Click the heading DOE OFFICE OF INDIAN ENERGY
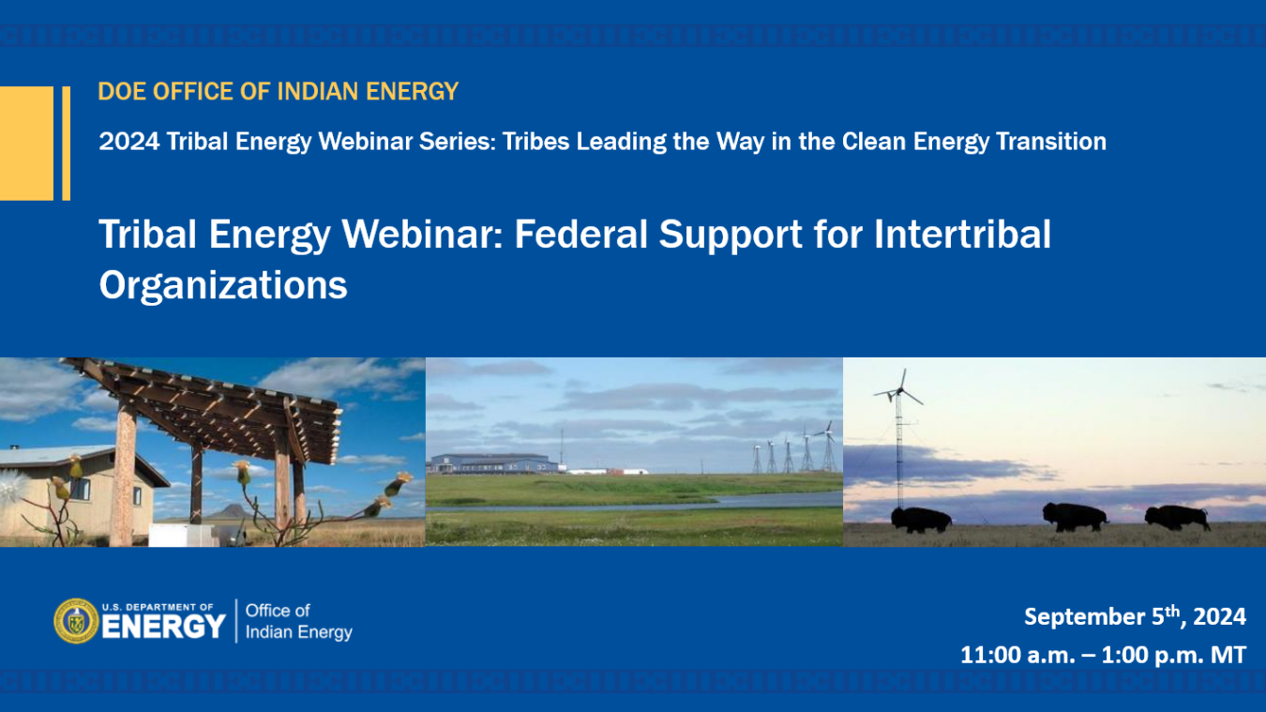click(x=279, y=92)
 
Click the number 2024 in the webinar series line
click(x=128, y=142)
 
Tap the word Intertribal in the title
click(x=962, y=235)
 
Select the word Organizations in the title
click(x=223, y=284)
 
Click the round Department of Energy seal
click(x=75, y=621)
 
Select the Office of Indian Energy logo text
click(x=298, y=621)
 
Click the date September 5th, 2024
click(x=1135, y=616)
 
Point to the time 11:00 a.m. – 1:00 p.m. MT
click(x=1103, y=655)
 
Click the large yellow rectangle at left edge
click(x=26, y=143)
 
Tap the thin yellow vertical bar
click(x=67, y=143)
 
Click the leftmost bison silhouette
click(x=920, y=519)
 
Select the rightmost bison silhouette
click(x=1177, y=517)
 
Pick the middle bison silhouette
click(x=1075, y=516)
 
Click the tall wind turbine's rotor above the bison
click(x=900, y=387)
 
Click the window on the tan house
click(x=81, y=488)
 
